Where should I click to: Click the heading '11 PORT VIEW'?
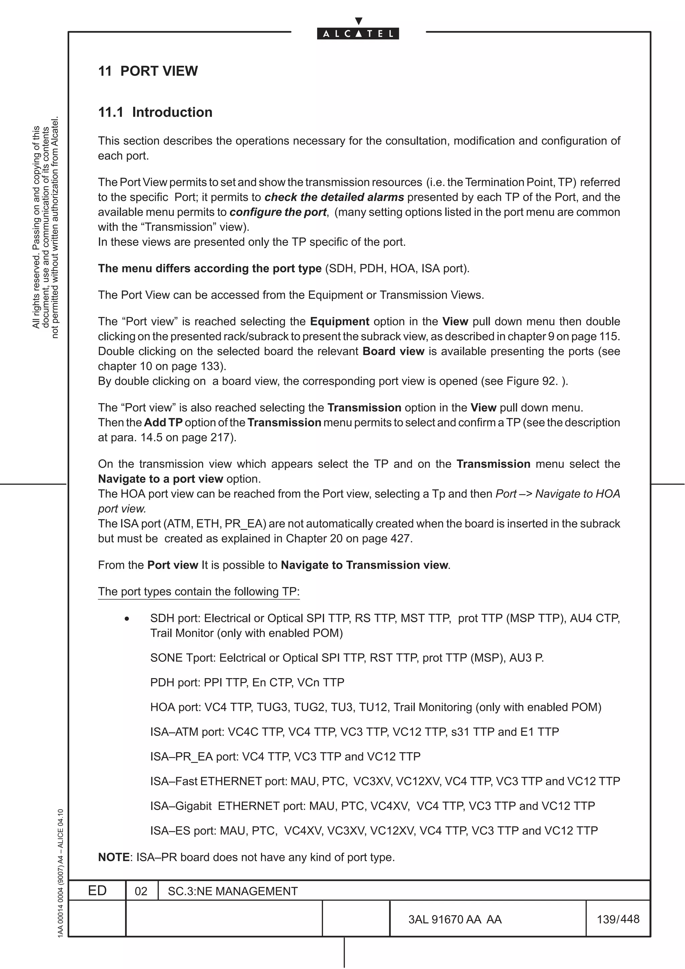[x=148, y=71]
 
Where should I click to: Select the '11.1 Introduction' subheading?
[x=155, y=112]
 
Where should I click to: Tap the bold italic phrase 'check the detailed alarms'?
[x=334, y=197]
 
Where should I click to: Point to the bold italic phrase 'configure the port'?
[x=278, y=212]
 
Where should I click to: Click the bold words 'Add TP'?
[x=163, y=422]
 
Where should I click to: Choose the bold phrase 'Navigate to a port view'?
[x=161, y=479]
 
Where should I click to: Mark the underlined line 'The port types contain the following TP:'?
[x=198, y=592]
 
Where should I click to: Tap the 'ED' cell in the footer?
[x=97, y=891]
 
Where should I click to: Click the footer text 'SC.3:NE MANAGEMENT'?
[x=232, y=891]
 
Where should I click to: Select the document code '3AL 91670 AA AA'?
[x=455, y=919]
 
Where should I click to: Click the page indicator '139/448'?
[x=618, y=919]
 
